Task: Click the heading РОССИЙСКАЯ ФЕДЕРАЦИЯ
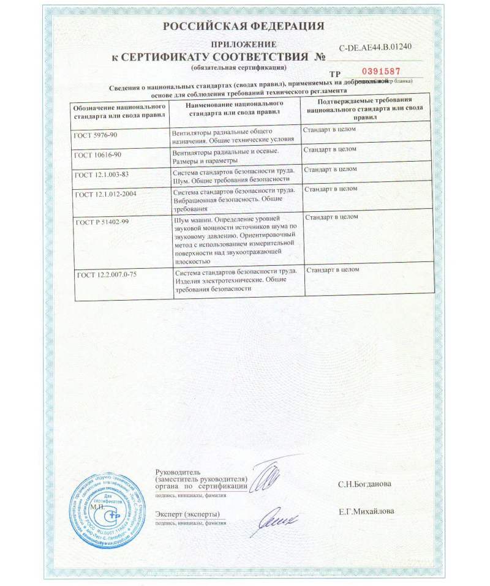244,26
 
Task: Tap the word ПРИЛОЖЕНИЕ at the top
244,45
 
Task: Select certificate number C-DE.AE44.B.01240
375,47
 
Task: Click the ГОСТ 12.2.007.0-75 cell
107,274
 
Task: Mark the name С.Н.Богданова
364,484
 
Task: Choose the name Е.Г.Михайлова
366,511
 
